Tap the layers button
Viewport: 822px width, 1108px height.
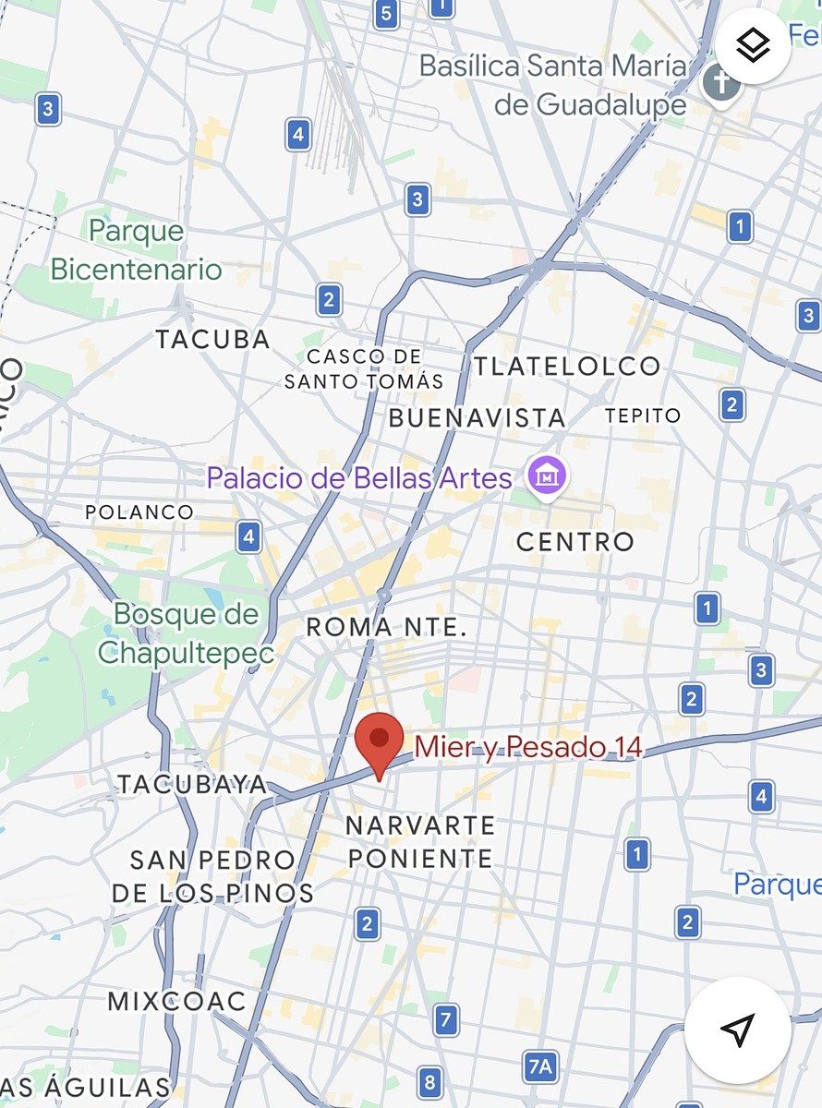coord(754,45)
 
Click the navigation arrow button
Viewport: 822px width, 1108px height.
coord(737,1030)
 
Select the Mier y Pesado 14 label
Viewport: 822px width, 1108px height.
coord(528,747)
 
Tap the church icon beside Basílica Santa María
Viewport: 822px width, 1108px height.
coord(721,84)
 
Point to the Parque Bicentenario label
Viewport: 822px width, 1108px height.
coord(137,250)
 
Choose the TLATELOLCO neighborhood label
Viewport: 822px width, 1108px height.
coord(567,366)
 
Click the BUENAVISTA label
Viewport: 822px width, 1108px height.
coord(477,417)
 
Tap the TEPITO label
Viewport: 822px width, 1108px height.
coord(643,415)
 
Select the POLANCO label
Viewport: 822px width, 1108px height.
coord(139,512)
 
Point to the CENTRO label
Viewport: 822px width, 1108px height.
coord(575,541)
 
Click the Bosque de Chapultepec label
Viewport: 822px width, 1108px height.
coord(187,633)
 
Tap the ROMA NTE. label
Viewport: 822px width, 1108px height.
coord(386,628)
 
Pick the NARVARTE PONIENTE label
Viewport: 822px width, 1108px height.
coord(420,841)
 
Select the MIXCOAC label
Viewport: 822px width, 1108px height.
coord(177,1001)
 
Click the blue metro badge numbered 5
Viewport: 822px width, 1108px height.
coord(387,14)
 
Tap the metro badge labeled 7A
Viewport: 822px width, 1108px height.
coord(540,1067)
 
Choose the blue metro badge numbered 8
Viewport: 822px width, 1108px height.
coord(429,1081)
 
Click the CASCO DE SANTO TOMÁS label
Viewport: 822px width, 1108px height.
coord(364,368)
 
